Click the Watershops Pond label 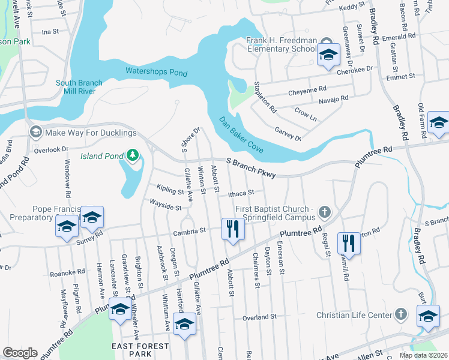(156, 72)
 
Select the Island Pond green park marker (132, 157)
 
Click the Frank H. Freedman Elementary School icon (328, 55)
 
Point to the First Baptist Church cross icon (325, 211)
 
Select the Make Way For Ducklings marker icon (35, 132)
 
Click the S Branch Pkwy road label (251, 167)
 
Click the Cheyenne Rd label (306, 90)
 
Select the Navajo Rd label (333, 100)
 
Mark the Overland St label (259, 316)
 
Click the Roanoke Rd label (65, 272)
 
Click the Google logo (20, 353)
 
